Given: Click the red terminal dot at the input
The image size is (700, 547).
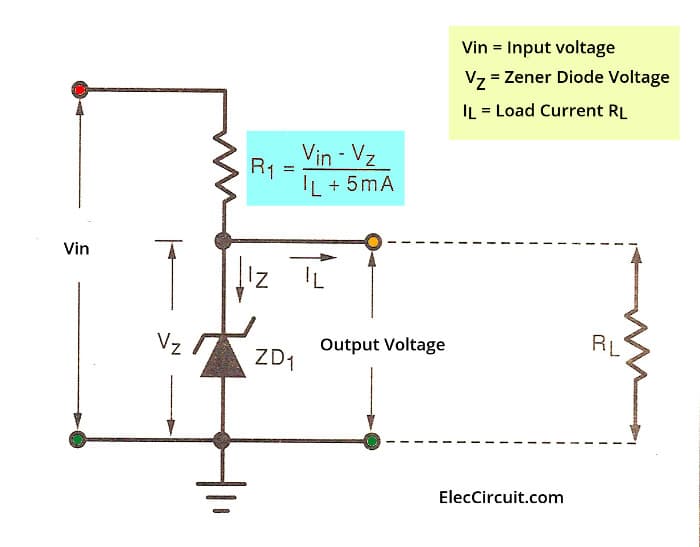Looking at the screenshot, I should point(80,90).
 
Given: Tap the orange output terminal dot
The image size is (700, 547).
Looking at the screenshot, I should point(373,241).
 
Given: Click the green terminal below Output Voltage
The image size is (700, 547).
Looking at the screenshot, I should point(373,439).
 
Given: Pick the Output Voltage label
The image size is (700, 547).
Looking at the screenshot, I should point(382,345).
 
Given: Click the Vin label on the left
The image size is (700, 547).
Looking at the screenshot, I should point(76,248).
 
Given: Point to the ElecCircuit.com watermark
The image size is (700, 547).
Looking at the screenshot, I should point(501,497).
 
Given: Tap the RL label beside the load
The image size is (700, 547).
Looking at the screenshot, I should point(603,346).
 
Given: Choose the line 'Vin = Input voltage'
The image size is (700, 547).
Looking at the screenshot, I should point(538,48).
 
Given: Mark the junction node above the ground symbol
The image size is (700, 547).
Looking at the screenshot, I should point(222,439).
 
